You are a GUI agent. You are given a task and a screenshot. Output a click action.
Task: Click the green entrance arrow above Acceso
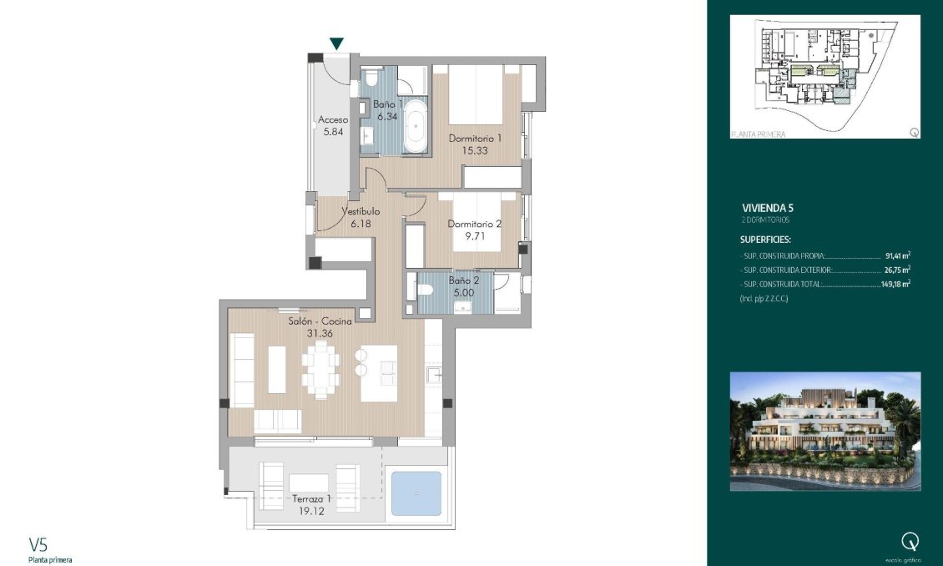(336, 43)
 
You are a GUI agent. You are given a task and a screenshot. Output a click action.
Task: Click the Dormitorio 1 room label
(475, 139)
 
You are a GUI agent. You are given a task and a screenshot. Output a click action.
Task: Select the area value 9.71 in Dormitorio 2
(474, 236)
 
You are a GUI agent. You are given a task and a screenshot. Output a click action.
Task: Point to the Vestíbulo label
(361, 212)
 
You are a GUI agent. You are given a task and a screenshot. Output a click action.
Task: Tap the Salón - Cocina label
(320, 321)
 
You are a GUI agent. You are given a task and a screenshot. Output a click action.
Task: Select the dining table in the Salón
(321, 369)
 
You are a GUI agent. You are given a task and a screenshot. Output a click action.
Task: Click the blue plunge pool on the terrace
(416, 493)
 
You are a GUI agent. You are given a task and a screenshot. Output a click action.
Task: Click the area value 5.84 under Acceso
(332, 132)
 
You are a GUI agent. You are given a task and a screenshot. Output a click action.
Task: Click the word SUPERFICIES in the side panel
(766, 239)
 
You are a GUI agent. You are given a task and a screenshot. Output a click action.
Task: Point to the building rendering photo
(824, 431)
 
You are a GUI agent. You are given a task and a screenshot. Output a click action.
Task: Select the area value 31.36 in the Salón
(320, 333)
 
